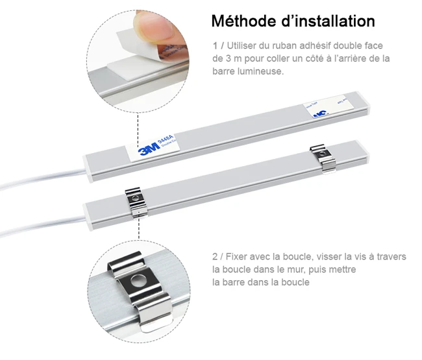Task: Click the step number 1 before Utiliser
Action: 214,45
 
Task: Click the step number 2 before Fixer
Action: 214,257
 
